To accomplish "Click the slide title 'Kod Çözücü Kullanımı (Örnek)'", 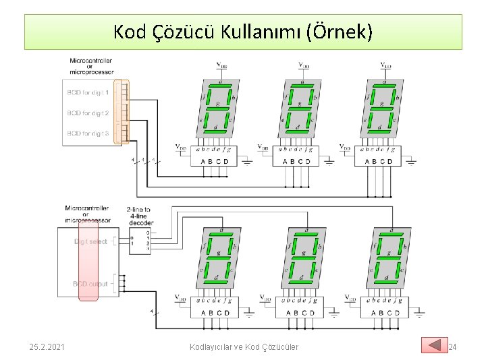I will click(242, 32).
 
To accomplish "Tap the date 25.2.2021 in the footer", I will click(47, 346).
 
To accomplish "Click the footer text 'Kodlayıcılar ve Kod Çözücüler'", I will click(243, 346).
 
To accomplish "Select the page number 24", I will click(452, 346).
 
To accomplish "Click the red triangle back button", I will click(434, 345).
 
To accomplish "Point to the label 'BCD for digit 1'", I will click(88, 92).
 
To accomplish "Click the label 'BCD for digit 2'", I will click(88, 113).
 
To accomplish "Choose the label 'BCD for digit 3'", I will click(88, 133).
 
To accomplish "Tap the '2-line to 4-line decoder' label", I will click(138, 215).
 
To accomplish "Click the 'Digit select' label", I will click(90, 241).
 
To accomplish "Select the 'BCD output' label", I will click(90, 284).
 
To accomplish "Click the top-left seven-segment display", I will click(216, 108).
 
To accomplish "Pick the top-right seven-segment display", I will click(383, 108).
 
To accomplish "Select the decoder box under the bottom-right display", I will click(382, 307).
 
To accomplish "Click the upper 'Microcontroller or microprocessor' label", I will click(91, 66).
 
